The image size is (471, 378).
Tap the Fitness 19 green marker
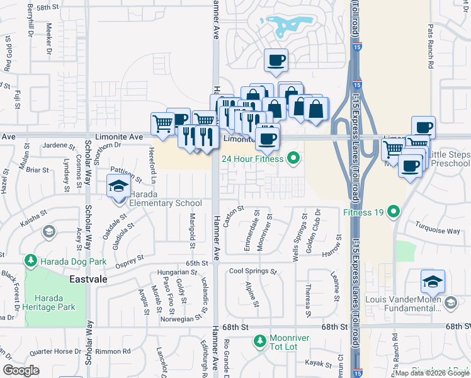(394, 211)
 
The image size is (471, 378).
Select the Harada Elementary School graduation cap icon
(118, 187)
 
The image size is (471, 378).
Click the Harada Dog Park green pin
(30, 260)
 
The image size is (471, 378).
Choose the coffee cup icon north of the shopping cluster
(276, 60)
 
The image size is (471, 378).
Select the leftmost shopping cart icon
(162, 123)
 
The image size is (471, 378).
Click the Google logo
(21, 370)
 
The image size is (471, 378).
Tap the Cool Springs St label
(253, 272)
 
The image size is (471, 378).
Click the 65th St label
(196, 263)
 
